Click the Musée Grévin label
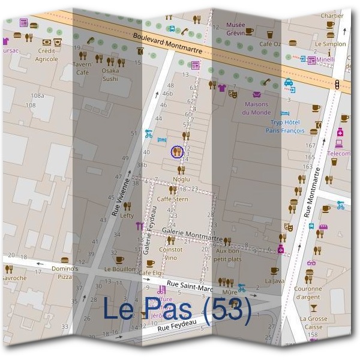click(235, 28)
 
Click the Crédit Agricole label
click(46, 56)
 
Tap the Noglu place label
click(181, 179)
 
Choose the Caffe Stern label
click(172, 199)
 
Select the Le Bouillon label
click(120, 270)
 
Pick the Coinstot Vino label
click(170, 253)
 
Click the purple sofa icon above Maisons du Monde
click(257, 95)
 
